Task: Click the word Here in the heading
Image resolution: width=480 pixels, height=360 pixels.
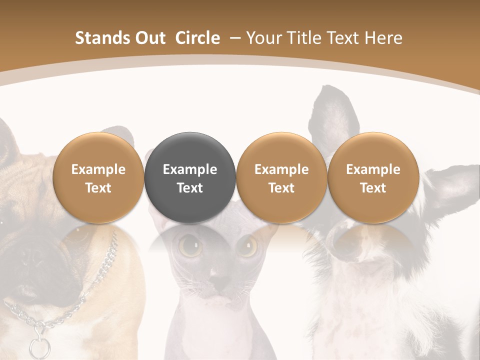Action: [384, 38]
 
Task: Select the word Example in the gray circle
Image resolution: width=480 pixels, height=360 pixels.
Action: [190, 169]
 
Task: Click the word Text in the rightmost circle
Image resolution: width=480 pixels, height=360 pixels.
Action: [373, 188]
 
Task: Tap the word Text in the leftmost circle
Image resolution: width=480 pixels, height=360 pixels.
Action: [98, 188]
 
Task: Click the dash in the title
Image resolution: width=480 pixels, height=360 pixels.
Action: [234, 38]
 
